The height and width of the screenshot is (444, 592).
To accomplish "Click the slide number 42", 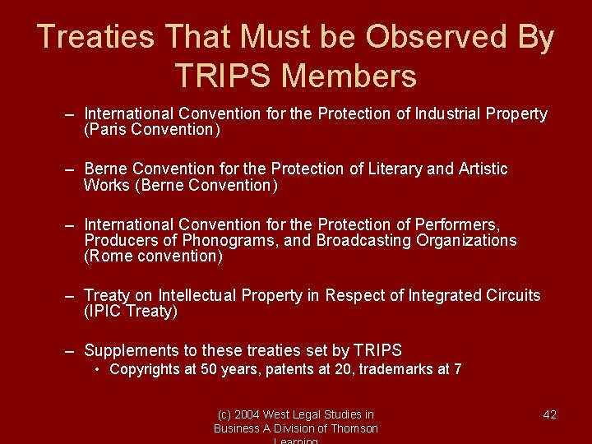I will pyautogui.click(x=550, y=414).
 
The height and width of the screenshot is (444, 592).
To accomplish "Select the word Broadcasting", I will pyautogui.click(x=364, y=240).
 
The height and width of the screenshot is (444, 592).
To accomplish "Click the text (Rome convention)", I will pyautogui.click(x=153, y=256).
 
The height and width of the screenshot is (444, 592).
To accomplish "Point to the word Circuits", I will pyautogui.click(x=514, y=295).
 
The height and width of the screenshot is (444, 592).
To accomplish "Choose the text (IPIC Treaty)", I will pyautogui.click(x=131, y=311).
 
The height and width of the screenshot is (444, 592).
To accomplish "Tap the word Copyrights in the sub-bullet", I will pyautogui.click(x=144, y=369).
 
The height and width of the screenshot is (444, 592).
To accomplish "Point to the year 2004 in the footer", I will pyautogui.click(x=247, y=414).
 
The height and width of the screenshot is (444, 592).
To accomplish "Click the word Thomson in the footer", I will pyautogui.click(x=354, y=428).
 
